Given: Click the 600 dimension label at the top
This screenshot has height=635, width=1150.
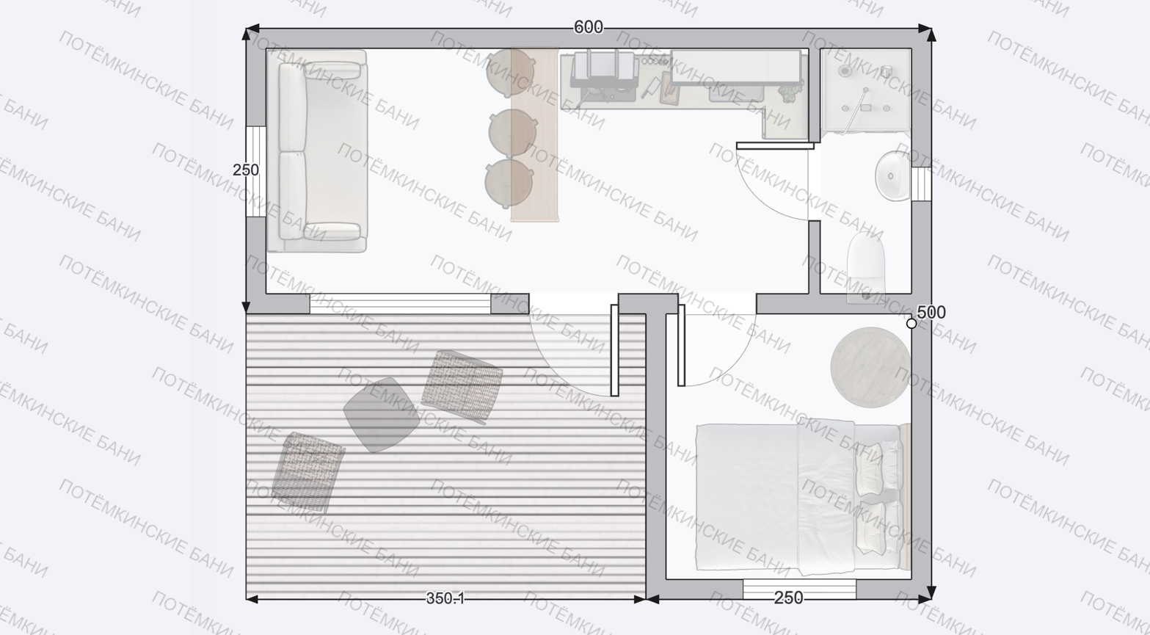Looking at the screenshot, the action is click(589, 27).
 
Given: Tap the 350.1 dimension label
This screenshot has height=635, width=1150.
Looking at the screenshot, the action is click(445, 598).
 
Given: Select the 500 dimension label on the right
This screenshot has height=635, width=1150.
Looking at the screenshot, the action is click(931, 312).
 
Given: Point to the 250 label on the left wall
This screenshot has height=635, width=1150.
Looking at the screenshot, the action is click(246, 170).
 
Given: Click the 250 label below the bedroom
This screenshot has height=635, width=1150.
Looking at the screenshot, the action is click(789, 598).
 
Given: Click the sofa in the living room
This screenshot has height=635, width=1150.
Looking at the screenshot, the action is click(317, 151).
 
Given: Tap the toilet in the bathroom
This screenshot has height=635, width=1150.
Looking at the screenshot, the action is click(866, 266).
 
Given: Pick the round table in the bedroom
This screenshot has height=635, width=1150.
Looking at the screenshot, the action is click(870, 368).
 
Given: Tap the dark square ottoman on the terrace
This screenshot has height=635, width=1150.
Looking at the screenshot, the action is click(381, 415).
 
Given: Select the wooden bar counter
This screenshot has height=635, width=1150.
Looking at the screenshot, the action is click(534, 134).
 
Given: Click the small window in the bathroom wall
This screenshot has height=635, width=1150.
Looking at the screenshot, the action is click(922, 184).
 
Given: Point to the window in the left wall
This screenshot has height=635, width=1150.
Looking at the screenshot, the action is click(255, 172).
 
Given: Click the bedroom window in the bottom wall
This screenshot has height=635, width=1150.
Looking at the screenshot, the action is click(799, 589).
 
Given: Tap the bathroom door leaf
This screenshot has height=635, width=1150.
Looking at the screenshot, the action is click(775, 146).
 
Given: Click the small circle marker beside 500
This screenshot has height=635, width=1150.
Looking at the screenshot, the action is click(911, 324).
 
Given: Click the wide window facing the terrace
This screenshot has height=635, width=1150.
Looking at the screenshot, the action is click(401, 303).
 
